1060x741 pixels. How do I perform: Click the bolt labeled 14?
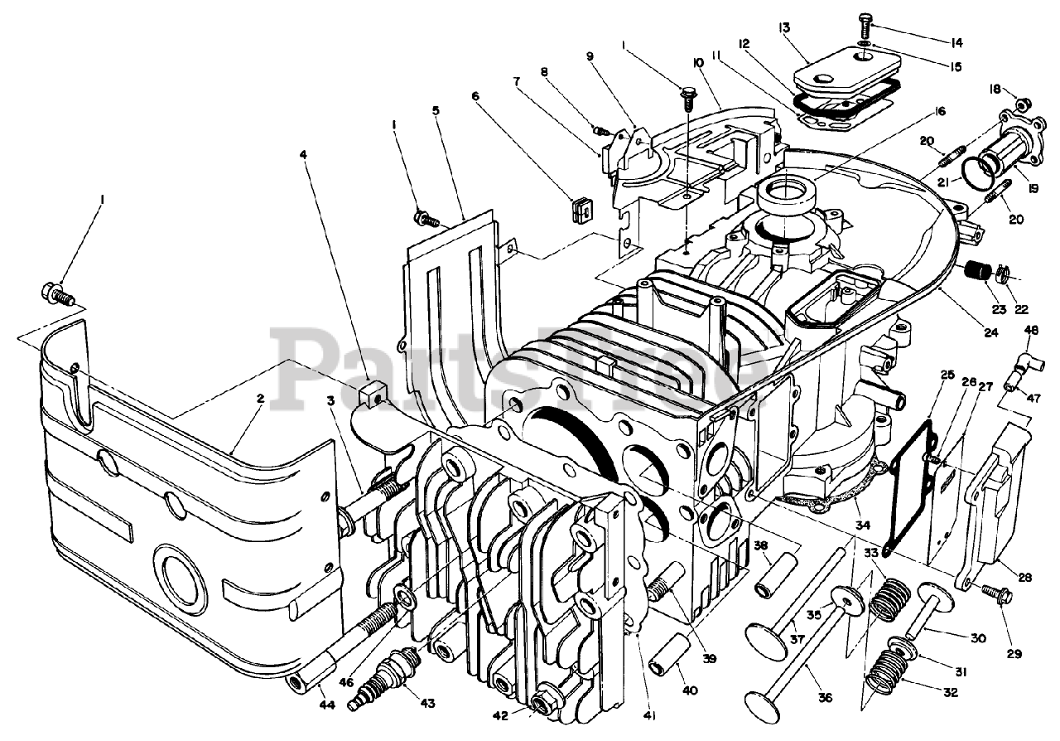(x=866, y=19)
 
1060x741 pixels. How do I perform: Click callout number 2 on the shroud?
(x=260, y=399)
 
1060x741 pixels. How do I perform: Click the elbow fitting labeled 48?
(x=1024, y=363)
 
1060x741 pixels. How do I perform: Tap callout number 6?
(x=475, y=95)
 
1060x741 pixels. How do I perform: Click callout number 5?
(x=436, y=110)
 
